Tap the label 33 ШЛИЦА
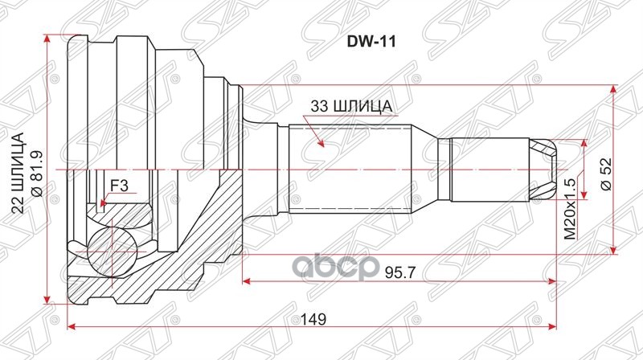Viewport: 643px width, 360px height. [x=352, y=106]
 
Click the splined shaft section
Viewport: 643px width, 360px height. [x=350, y=169]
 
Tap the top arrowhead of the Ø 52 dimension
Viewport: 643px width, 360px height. [x=615, y=88]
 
